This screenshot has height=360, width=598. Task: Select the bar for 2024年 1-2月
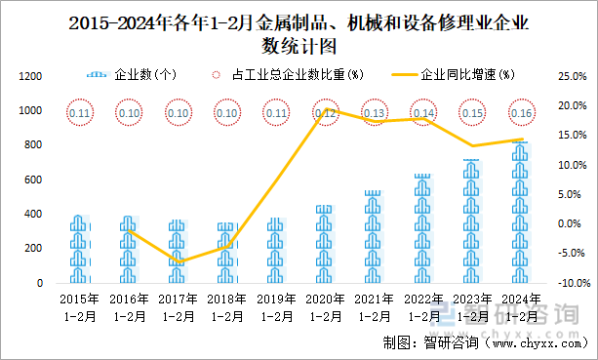523,213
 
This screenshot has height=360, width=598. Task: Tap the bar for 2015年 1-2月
79,250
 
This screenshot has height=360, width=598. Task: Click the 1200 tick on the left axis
30,77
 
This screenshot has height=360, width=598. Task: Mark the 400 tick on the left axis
33,215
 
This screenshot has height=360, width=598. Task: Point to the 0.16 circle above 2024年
523,113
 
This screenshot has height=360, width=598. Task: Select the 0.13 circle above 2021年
375,113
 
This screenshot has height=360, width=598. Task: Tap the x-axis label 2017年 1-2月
178,307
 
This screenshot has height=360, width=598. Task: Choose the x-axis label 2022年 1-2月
424,307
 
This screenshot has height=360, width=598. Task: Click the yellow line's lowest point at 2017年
178,262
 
